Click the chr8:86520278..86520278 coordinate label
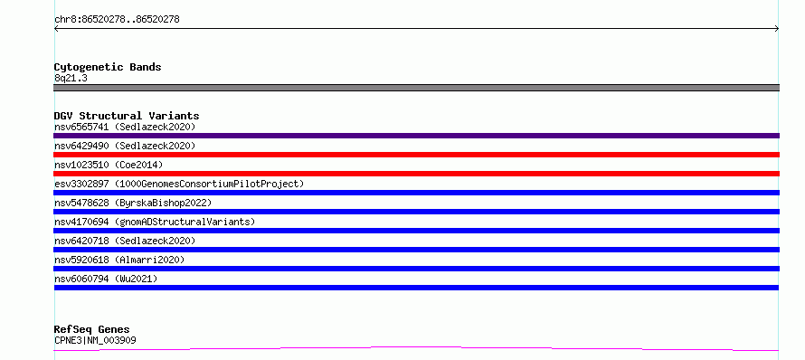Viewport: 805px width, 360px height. [x=117, y=20]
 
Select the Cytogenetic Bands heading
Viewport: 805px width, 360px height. [x=108, y=67]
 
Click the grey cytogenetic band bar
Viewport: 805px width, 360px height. [x=416, y=88]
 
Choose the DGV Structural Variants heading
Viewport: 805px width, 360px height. [x=127, y=116]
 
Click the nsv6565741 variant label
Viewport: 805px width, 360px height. [x=125, y=127]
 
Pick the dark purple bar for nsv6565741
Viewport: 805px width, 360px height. [x=416, y=136]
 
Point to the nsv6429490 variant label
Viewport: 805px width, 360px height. [x=125, y=146]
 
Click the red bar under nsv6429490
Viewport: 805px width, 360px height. [x=416, y=155]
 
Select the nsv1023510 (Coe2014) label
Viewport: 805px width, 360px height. [x=109, y=165]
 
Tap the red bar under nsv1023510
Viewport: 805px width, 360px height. [x=416, y=174]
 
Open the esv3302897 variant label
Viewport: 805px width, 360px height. [x=179, y=184]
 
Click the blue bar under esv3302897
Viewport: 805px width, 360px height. [x=416, y=193]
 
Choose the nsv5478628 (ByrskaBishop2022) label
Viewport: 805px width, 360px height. [x=133, y=203]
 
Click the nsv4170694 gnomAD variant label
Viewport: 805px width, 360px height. [x=155, y=222]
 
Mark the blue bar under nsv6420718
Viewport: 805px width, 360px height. [x=416, y=250]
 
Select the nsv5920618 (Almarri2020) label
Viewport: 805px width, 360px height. [x=119, y=260]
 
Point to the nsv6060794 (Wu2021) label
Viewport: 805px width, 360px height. [x=106, y=279]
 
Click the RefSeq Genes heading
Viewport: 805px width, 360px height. [x=92, y=329]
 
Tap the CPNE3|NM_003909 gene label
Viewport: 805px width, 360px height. [x=95, y=340]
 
